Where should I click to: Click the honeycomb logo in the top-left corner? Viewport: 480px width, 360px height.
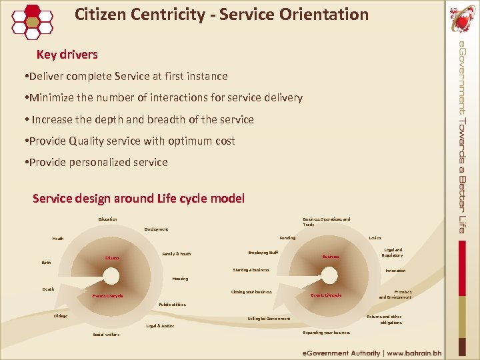(32, 20)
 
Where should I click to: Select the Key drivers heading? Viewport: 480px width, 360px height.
(67, 55)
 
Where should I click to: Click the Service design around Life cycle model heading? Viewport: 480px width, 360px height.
(139, 198)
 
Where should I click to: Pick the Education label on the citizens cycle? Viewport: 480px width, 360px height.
(107, 219)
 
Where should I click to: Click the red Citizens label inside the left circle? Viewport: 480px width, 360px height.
(112, 258)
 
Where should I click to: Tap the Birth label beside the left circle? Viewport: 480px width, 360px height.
(46, 263)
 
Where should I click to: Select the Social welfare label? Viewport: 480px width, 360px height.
(102, 335)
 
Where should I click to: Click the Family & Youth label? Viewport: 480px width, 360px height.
(177, 254)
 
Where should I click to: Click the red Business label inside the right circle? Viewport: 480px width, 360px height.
(331, 256)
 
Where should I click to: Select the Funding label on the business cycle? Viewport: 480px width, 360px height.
(287, 237)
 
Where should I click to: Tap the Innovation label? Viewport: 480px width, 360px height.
(395, 271)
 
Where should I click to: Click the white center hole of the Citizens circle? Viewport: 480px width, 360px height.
(111, 276)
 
